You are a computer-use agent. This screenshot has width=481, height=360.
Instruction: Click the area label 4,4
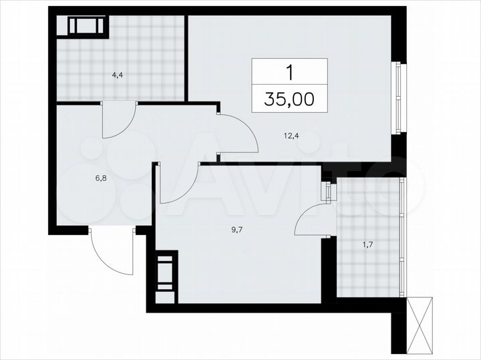click(x=118, y=75)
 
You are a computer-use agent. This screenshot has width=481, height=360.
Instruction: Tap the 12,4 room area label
click(x=291, y=136)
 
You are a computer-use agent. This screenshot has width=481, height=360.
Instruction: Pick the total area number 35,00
click(x=289, y=100)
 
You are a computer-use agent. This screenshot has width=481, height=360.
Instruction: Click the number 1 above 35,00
click(x=290, y=71)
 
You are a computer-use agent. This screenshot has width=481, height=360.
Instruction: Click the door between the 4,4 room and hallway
click(x=118, y=120)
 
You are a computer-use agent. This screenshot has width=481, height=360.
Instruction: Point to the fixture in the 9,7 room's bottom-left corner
click(x=166, y=271)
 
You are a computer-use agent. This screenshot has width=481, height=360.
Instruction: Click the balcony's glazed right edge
click(x=402, y=237)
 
